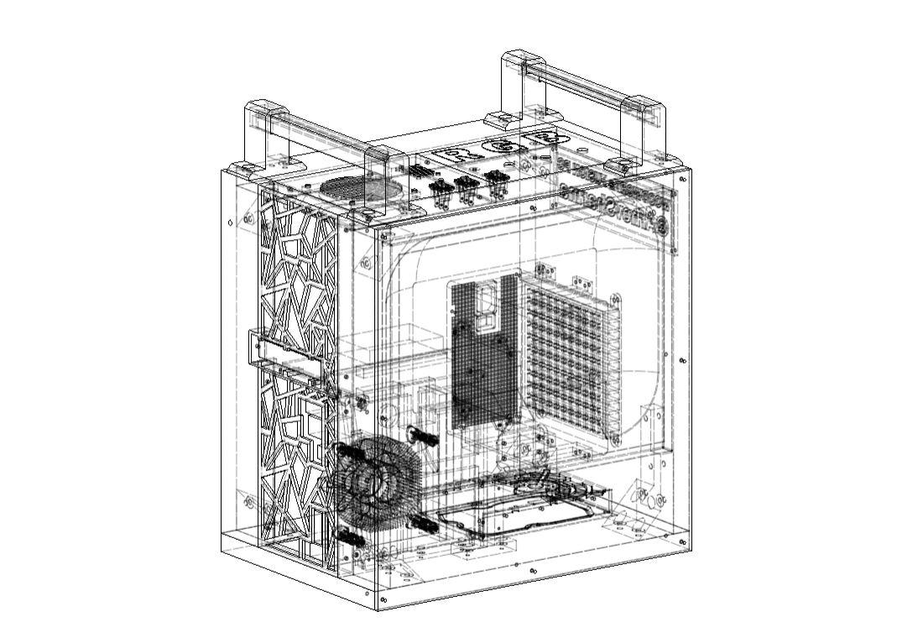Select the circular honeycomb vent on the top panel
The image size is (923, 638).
(x=361, y=188)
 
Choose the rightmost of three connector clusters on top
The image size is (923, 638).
(x=497, y=180)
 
